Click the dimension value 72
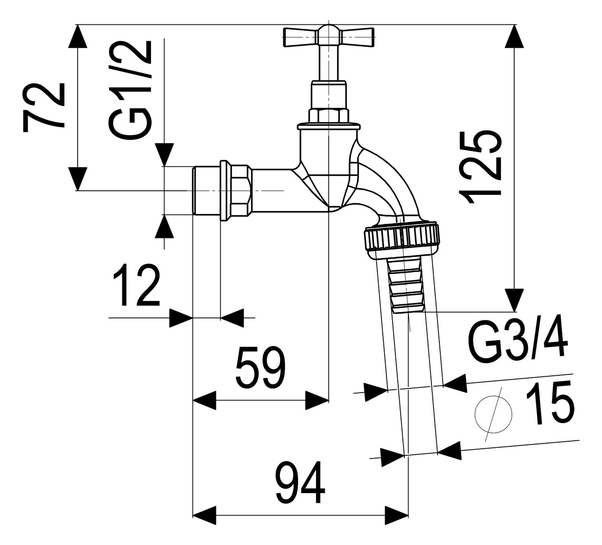click(43, 107)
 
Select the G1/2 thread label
click(129, 90)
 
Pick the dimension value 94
click(301, 486)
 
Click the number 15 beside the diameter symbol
click(549, 402)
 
